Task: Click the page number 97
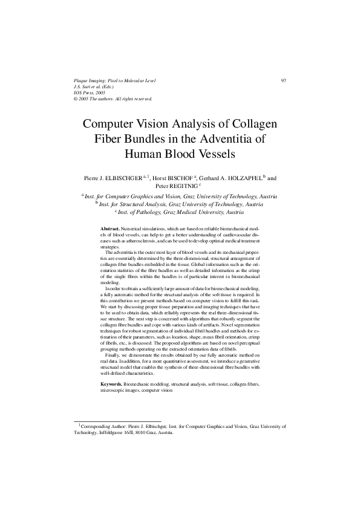click(x=283, y=80)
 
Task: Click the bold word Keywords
click(x=111, y=384)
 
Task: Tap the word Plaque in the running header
click(x=81, y=80)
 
